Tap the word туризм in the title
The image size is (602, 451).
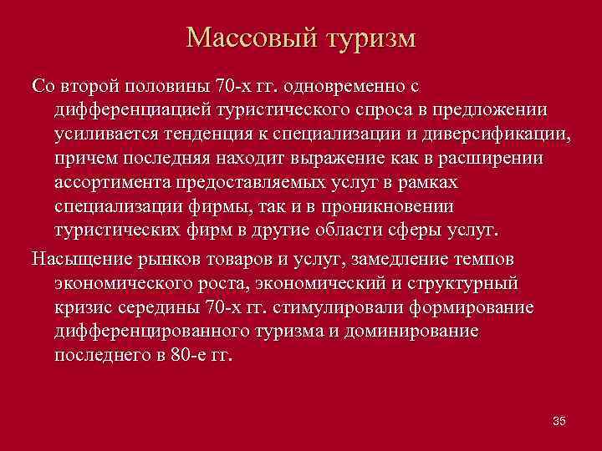(x=368, y=38)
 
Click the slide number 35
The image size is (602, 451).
(x=559, y=420)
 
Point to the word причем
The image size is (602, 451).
(x=82, y=158)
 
